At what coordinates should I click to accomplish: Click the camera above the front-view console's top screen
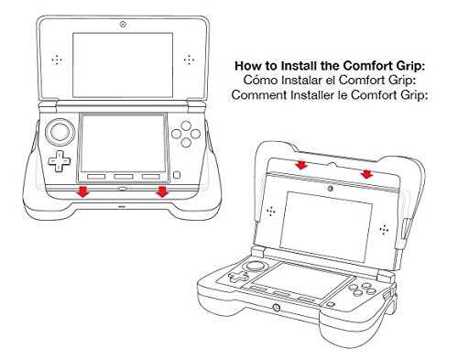[x=123, y=25]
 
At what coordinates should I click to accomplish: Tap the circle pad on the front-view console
[x=60, y=132]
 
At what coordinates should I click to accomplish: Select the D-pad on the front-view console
[x=60, y=160]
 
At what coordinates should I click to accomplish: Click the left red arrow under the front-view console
[x=82, y=191]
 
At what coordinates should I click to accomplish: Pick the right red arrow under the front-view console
[x=162, y=191]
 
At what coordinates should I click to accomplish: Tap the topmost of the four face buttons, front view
[x=186, y=125]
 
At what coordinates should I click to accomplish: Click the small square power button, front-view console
[x=177, y=175]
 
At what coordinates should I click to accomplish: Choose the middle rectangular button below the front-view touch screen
[x=124, y=177]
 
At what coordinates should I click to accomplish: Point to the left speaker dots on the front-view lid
[x=57, y=60]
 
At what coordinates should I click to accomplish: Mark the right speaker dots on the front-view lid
[x=189, y=60]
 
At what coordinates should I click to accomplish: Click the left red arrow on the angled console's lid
[x=301, y=165]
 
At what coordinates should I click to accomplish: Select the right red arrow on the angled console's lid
[x=366, y=174]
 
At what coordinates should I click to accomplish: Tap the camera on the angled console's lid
[x=330, y=189]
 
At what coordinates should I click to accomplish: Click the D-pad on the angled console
[x=238, y=277]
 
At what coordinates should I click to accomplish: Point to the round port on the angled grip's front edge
[x=277, y=308]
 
